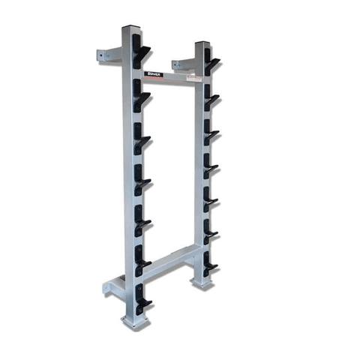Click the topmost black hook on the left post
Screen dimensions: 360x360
[x=141, y=53]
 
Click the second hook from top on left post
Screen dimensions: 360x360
[x=141, y=93]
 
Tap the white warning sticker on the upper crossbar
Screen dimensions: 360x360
[x=194, y=77]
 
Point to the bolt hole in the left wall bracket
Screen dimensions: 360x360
[x=102, y=54]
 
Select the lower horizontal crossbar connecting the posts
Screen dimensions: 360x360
[x=169, y=263]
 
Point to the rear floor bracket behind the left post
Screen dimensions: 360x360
[x=112, y=287]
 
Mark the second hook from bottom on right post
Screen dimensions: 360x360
[x=211, y=231]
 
